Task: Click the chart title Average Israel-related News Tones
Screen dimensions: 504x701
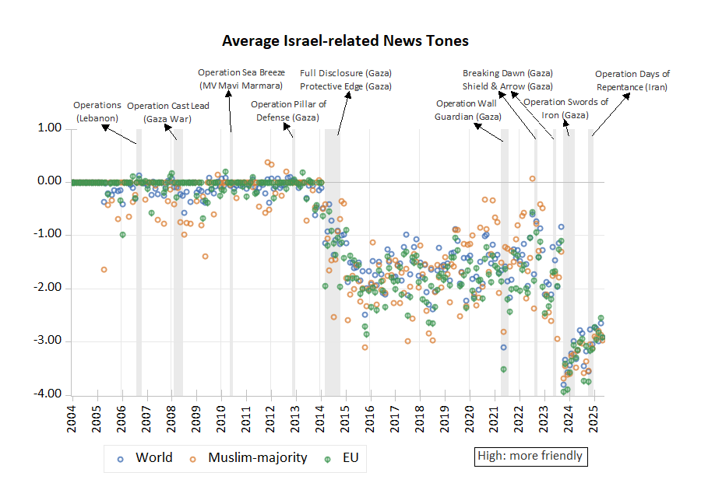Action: pyautogui.click(x=345, y=40)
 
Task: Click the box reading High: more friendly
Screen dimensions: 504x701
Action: pyautogui.click(x=530, y=455)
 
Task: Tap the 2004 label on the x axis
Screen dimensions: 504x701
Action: pyautogui.click(x=72, y=413)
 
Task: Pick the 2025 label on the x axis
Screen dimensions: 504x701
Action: pyautogui.click(x=594, y=413)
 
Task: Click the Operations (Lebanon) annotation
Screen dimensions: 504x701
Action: pyautogui.click(x=97, y=111)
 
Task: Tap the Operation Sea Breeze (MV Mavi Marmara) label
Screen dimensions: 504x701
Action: pyautogui.click(x=241, y=79)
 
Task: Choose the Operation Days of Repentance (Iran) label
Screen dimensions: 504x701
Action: pyautogui.click(x=632, y=81)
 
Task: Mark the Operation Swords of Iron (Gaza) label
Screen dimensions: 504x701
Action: pyautogui.click(x=565, y=108)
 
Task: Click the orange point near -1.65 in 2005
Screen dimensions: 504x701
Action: pyautogui.click(x=104, y=270)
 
